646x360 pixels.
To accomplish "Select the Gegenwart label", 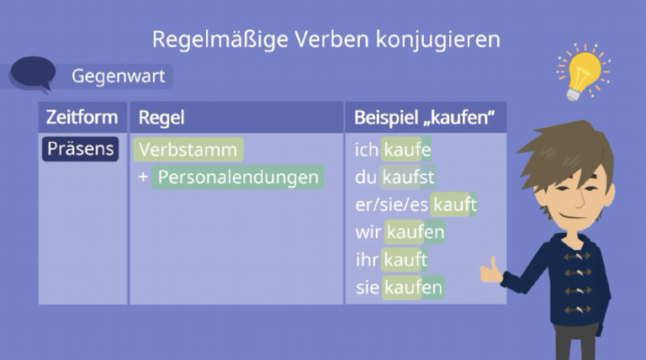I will (x=117, y=77).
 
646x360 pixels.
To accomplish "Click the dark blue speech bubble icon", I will (x=33, y=72).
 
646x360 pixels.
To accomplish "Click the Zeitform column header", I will (x=82, y=117).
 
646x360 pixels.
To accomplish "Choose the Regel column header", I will (x=161, y=117).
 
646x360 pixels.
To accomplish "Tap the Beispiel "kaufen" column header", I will (x=422, y=117).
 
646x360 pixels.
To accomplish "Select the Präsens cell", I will (x=81, y=149).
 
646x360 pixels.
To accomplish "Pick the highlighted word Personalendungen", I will (x=238, y=177).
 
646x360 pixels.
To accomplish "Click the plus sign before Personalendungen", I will (x=143, y=177).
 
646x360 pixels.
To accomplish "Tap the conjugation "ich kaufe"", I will (x=393, y=150).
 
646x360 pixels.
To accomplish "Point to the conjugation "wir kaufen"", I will (x=400, y=231).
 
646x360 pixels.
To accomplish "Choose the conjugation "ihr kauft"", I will (x=392, y=260).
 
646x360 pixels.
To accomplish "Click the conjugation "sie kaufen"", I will (x=399, y=288).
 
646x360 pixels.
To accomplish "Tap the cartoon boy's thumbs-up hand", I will (x=490, y=272).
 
